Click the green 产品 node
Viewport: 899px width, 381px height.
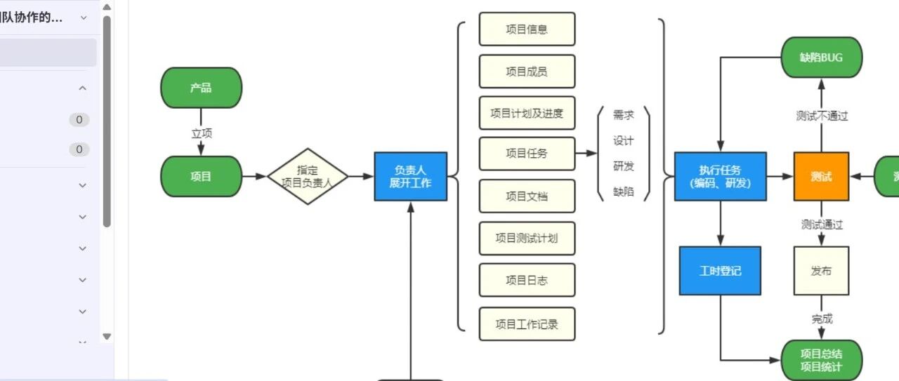coord(201,88)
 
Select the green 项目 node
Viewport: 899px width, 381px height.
coord(201,176)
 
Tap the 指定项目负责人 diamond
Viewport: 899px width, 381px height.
coord(308,176)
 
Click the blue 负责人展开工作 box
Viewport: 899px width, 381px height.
coord(410,176)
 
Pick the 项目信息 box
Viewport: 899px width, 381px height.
coord(527,29)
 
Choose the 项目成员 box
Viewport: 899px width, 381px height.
coord(527,71)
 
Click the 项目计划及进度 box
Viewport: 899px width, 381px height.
coord(527,113)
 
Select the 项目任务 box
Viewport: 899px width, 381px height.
coord(527,154)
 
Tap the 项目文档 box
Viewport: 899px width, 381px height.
coord(527,196)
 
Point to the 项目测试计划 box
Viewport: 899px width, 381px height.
coord(527,238)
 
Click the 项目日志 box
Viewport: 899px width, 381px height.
coord(527,280)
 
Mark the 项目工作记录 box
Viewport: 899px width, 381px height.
coord(527,323)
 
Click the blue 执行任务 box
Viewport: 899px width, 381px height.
coord(720,176)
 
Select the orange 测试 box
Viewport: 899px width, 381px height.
coord(821,176)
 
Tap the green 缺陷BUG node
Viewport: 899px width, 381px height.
coord(821,58)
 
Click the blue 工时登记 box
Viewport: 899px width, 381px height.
coord(720,270)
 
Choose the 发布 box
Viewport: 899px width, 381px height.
coord(821,270)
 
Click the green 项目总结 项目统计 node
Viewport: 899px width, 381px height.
coord(821,360)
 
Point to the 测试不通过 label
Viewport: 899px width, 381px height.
coord(822,116)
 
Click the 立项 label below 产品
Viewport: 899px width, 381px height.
coord(202,133)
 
